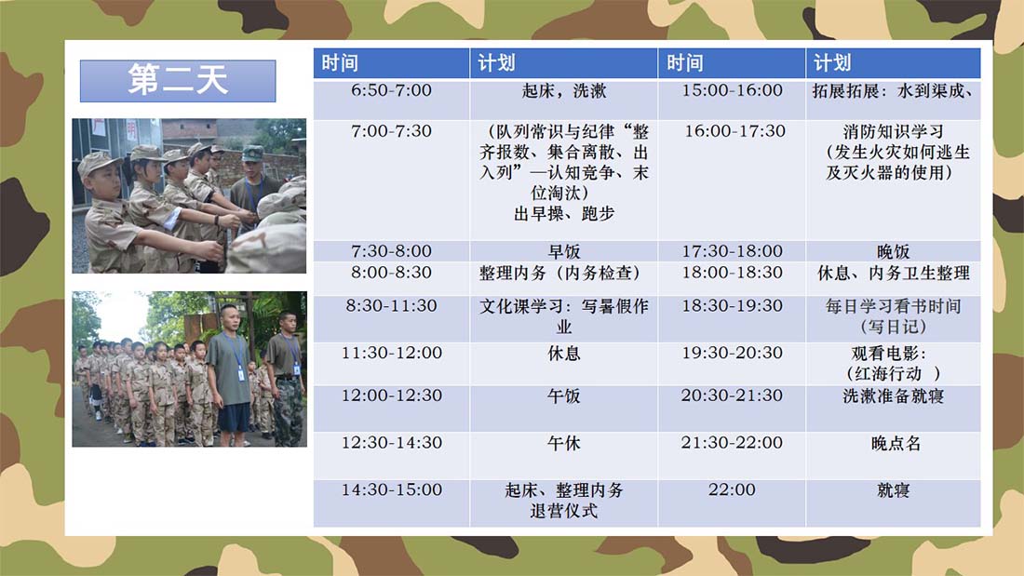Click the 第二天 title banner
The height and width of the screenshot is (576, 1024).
click(x=178, y=81)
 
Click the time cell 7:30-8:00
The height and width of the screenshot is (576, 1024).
click(x=391, y=251)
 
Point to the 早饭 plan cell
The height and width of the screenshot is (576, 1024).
click(x=563, y=251)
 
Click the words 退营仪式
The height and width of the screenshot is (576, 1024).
click(x=563, y=511)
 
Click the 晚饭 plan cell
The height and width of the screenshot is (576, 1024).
click(x=893, y=251)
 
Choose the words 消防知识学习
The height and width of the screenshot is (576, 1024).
click(x=893, y=131)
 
